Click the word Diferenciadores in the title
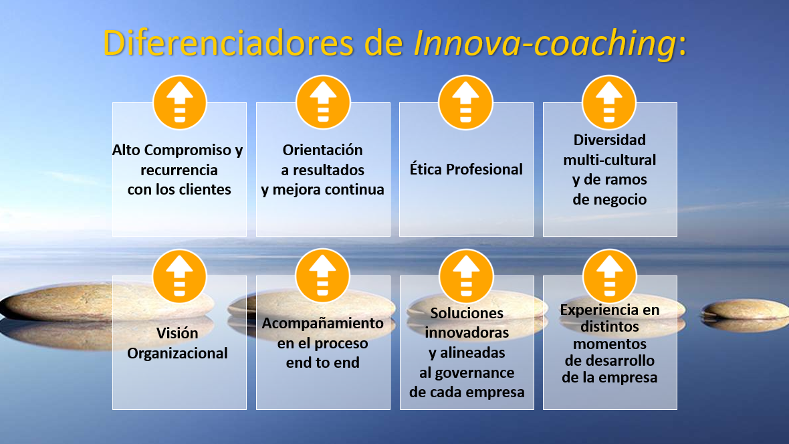click(229, 43)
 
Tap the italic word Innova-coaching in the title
click(545, 43)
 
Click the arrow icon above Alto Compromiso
click(180, 103)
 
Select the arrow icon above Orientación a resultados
click(323, 103)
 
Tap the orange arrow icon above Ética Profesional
click(465, 103)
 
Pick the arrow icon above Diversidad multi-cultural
click(609, 103)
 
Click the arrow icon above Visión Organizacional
click(180, 276)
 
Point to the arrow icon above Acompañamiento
click(322, 276)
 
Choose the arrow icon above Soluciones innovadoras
click(466, 276)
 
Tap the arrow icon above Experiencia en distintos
click(609, 276)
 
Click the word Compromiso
click(188, 150)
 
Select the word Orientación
click(322, 150)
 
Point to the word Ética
click(426, 169)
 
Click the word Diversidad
click(609, 140)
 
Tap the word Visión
click(177, 333)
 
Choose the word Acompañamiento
click(322, 323)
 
